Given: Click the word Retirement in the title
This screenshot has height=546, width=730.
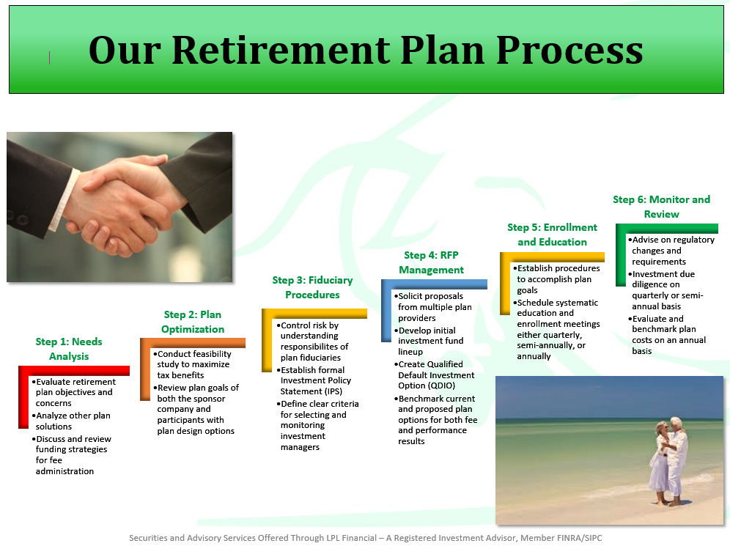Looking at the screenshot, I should [296, 51].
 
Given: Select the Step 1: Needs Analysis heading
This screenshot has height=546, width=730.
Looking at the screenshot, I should [69, 349].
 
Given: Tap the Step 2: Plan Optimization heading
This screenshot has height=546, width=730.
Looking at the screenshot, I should [193, 322].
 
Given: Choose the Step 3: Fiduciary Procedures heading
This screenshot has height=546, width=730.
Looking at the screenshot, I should [312, 287].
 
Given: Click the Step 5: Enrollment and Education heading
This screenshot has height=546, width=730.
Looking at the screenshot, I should [552, 235].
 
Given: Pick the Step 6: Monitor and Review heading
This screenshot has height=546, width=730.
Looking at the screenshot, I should [661, 207].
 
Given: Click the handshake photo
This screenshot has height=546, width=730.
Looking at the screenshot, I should [119, 207].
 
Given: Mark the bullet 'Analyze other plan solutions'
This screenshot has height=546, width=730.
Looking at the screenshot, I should [73, 421].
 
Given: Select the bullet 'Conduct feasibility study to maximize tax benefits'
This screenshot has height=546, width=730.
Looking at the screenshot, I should [193, 364].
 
